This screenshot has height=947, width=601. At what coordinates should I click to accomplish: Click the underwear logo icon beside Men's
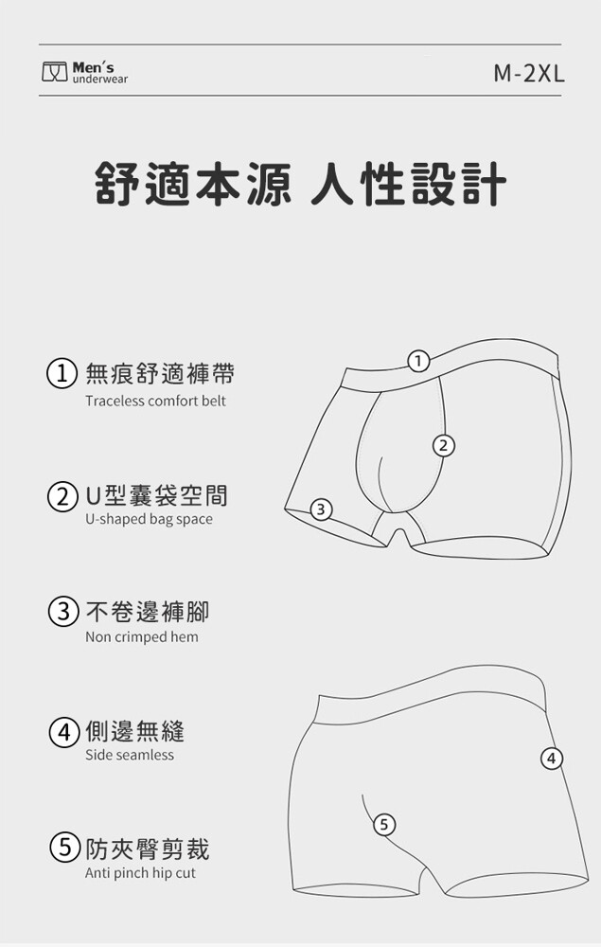[54, 71]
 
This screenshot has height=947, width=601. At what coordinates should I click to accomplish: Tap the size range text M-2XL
[529, 74]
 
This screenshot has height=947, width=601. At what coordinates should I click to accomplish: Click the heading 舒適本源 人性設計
[301, 183]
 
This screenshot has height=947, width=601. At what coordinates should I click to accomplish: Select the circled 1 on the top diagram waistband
[418, 361]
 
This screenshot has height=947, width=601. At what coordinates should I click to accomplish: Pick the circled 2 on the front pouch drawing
[444, 446]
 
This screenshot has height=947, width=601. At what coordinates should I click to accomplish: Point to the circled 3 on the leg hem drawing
[321, 509]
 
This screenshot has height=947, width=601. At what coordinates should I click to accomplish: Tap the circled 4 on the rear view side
[552, 758]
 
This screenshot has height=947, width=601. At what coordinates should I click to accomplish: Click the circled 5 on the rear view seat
[385, 824]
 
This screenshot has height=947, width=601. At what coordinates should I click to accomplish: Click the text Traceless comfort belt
[155, 401]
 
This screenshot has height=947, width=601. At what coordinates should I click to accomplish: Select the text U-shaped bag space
[149, 519]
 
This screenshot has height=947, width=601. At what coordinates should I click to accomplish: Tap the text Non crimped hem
[142, 636]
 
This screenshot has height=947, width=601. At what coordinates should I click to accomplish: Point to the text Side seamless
[129, 755]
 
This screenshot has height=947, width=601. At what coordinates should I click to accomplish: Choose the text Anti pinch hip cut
[141, 873]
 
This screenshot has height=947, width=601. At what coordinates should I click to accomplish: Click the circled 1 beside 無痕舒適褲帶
[62, 374]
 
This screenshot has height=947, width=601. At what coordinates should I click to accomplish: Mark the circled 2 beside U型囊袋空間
[62, 496]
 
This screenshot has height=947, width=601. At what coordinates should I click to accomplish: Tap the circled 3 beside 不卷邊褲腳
[62, 613]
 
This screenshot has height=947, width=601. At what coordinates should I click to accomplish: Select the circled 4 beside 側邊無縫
[62, 731]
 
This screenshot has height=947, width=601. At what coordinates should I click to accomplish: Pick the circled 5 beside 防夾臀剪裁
[62, 849]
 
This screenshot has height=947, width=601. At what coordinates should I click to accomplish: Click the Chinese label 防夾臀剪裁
[148, 849]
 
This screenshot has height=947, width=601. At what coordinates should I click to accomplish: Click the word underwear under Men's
[100, 80]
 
